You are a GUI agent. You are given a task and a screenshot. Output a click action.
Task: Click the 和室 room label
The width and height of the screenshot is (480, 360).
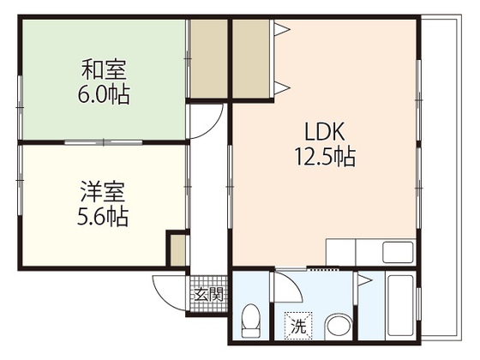click(104, 69)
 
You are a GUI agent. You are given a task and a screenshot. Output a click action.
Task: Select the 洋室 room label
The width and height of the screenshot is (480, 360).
click(103, 192)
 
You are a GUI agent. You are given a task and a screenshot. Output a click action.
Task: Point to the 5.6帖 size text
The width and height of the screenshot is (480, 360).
click(103, 216)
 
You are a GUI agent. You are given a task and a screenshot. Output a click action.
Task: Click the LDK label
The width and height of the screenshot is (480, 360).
click(325, 131)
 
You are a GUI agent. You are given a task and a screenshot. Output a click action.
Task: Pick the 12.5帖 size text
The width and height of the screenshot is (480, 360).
click(325, 156)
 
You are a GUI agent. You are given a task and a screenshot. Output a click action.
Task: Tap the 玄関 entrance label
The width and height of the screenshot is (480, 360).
click(209, 295)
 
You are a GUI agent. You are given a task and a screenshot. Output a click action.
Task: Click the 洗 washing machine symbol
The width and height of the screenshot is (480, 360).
click(298, 326)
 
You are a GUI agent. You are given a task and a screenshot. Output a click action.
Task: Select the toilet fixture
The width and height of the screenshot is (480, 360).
click(250, 321)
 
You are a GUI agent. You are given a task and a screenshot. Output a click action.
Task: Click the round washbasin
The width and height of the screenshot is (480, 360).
click(339, 327)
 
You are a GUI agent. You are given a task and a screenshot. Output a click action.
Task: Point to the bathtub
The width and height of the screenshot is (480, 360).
click(401, 306)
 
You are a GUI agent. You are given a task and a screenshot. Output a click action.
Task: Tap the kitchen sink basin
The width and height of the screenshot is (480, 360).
click(398, 252)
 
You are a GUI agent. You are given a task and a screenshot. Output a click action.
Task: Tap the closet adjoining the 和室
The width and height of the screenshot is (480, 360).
click(209, 58)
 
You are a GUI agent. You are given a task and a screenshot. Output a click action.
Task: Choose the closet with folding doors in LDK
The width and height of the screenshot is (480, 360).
click(252, 58)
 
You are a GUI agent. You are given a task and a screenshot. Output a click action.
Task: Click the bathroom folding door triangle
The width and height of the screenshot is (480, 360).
click(364, 280)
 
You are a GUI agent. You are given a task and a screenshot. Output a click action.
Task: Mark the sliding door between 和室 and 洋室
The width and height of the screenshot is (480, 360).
click(104, 142)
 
